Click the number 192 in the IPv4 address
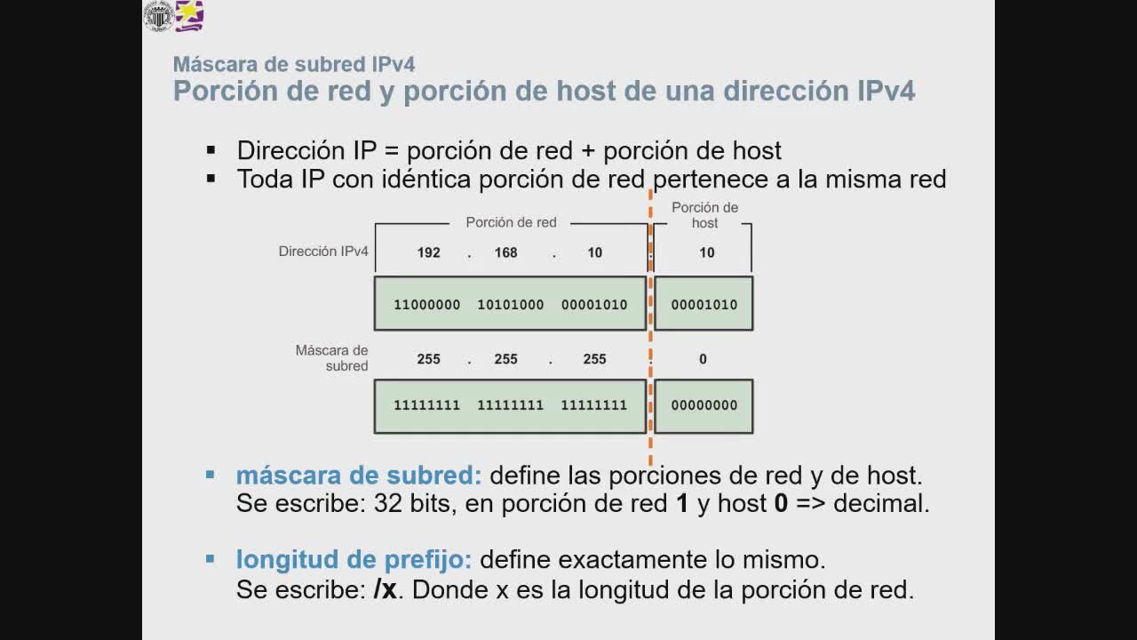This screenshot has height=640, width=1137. pos(428,252)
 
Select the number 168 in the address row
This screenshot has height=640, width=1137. pos(505,252)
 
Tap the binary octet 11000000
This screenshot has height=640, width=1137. pos(426,305)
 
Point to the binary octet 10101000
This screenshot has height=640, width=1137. pos(510,305)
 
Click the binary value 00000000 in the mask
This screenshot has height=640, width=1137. pos(704,405)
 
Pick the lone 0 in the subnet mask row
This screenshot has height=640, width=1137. pos(703,359)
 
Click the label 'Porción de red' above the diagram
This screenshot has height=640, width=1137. pos(511,222)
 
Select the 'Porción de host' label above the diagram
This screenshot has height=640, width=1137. pos(704,215)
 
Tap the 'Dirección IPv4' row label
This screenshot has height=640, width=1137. pos(323,252)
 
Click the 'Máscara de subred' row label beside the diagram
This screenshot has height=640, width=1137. pos(332,358)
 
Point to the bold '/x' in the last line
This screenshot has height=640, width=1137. pos(385,589)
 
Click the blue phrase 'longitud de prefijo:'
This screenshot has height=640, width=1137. pos(354,560)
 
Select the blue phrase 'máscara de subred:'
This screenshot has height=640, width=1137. pos(359,476)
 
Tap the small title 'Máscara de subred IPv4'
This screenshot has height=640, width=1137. pos(294,64)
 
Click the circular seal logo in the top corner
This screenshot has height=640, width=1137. pos(159,16)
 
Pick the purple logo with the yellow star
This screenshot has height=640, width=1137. pos(189,16)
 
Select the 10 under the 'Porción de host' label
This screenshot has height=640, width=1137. pos(706,252)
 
